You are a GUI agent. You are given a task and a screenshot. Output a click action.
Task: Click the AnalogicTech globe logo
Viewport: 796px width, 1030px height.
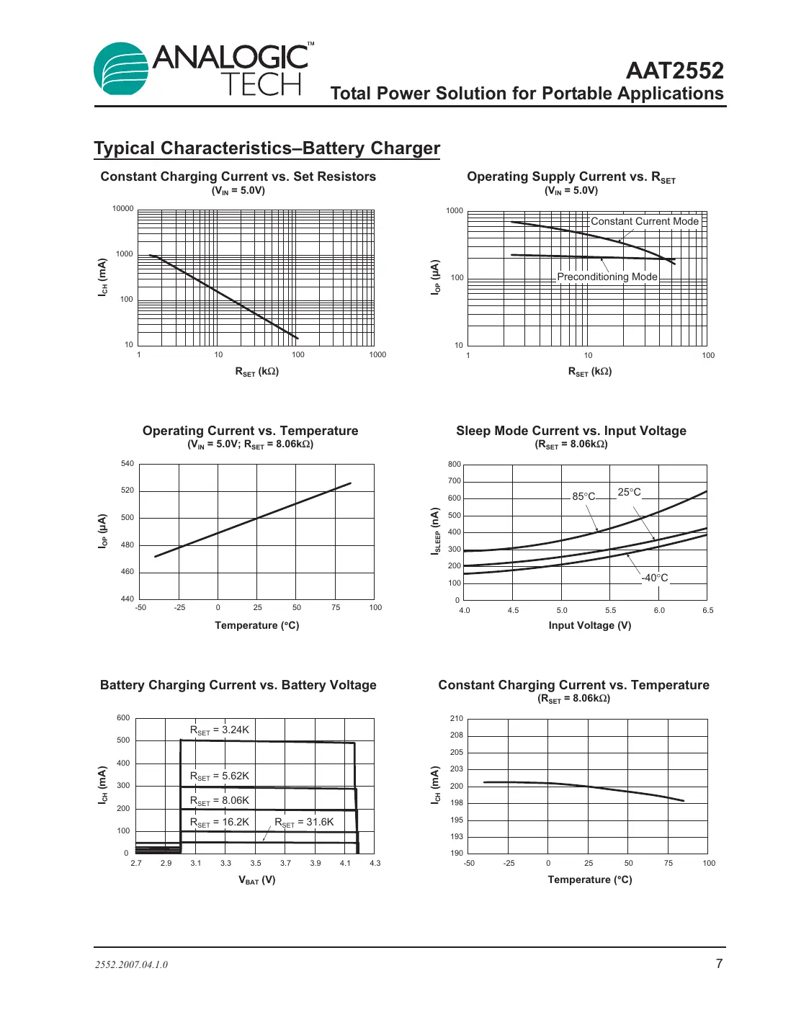pyautogui.click(x=121, y=69)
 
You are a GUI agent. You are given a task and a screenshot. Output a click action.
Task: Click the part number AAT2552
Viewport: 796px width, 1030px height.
pyautogui.click(x=674, y=71)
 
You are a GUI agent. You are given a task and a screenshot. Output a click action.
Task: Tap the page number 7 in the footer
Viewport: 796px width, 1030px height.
pyautogui.click(x=718, y=964)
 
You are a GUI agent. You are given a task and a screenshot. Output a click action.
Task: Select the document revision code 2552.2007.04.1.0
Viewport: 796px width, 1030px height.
pyautogui.click(x=131, y=965)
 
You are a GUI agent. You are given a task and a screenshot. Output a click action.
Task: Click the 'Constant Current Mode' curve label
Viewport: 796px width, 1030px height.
pyautogui.click(x=644, y=222)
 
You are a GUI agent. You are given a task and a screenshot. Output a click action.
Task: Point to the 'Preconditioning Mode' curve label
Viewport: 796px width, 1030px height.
pyautogui.click(x=607, y=277)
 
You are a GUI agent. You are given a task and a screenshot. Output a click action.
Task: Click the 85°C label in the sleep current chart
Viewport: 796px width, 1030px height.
pyautogui.click(x=583, y=496)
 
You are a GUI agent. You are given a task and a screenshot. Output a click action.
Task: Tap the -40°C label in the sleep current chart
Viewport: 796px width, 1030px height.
pyautogui.click(x=655, y=578)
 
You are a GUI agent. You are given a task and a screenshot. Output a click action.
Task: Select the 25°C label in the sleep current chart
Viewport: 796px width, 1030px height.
pyautogui.click(x=629, y=492)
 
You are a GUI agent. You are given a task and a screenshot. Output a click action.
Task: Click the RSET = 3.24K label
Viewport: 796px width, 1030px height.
pyautogui.click(x=219, y=730)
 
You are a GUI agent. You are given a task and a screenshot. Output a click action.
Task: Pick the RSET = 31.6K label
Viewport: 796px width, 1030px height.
pyautogui.click(x=304, y=823)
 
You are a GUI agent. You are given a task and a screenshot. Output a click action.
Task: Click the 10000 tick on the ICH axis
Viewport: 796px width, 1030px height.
pyautogui.click(x=122, y=209)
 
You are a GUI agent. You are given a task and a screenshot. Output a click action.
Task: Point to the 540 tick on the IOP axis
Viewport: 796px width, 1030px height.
pyautogui.click(x=127, y=464)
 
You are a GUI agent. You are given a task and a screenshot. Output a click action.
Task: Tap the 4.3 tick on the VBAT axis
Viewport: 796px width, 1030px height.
pyautogui.click(x=375, y=863)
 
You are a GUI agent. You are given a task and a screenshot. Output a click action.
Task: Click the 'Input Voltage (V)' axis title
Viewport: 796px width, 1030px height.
pyautogui.click(x=589, y=625)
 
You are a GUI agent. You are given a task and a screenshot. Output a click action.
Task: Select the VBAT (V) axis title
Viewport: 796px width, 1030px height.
pyautogui.click(x=256, y=880)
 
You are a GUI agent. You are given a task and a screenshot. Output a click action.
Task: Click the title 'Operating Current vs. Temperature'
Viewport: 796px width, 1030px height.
pyautogui.click(x=250, y=431)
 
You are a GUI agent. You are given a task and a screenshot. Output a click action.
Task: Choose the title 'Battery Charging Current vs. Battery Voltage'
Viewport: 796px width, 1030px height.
pyautogui.click(x=238, y=685)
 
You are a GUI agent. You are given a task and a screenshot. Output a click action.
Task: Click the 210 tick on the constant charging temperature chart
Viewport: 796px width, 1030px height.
pyautogui.click(x=456, y=719)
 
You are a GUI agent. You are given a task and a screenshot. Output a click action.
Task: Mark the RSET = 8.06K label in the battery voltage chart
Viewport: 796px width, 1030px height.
pyautogui.click(x=219, y=801)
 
